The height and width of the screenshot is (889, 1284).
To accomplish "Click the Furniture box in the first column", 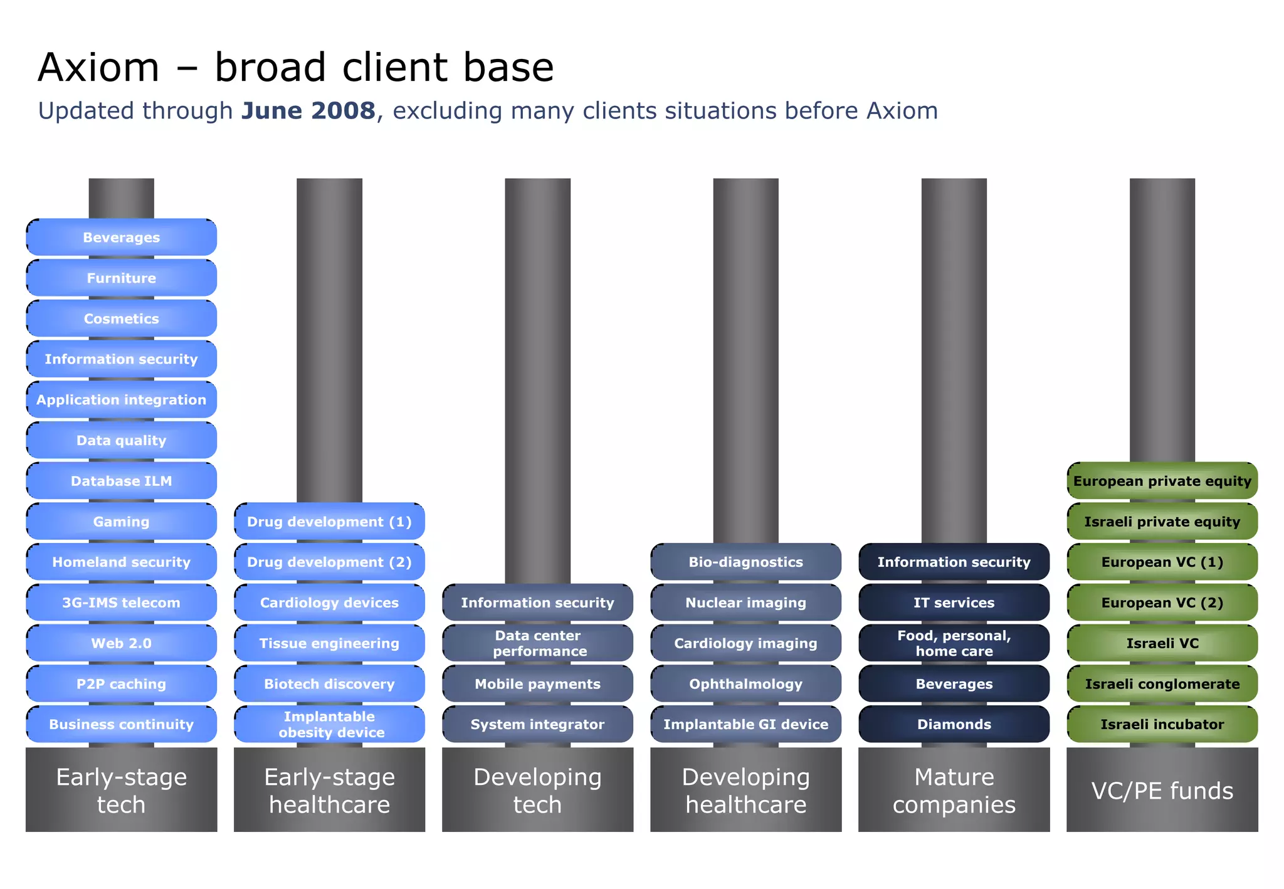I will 121,278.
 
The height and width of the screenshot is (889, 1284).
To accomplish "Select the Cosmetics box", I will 121,318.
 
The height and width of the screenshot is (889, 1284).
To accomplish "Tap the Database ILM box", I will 121,481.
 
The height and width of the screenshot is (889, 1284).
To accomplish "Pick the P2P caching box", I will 121,684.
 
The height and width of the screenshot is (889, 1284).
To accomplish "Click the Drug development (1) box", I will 329,522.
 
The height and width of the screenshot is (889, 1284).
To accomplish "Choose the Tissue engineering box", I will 329,643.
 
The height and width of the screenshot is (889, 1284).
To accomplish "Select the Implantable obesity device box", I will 329,724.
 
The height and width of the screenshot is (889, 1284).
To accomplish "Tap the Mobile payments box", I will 537,684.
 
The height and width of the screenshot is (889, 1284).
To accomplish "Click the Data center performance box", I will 537,643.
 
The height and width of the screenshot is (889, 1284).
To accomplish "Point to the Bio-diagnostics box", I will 745,562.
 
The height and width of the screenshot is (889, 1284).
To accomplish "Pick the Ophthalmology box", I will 745,684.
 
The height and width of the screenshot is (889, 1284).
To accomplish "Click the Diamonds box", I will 954,724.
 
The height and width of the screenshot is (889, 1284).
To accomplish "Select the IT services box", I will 954,602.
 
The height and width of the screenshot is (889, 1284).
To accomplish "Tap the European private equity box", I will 1162,481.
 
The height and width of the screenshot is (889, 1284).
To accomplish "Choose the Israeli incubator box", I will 1162,724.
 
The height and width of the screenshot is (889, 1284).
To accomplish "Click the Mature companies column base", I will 954,790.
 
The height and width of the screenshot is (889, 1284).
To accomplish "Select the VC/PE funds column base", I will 1162,790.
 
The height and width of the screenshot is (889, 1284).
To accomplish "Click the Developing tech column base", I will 537,790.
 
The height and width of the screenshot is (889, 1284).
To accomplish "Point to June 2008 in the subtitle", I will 308,111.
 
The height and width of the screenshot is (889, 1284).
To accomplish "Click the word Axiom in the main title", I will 98,68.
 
